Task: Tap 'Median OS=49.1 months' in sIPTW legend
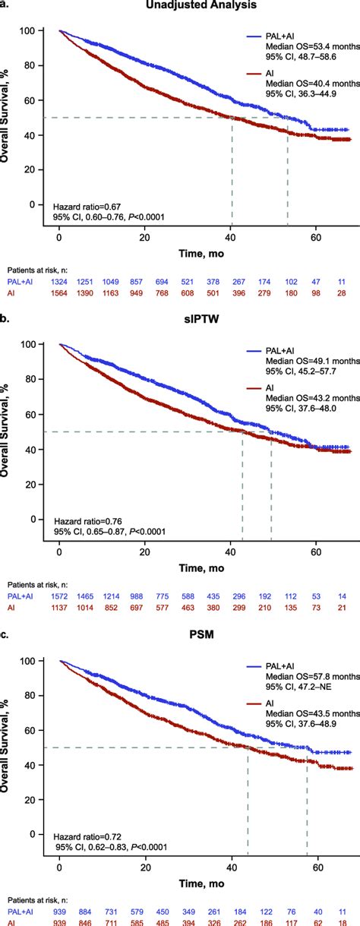click(x=303, y=362)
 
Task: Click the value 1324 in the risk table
click(x=59, y=282)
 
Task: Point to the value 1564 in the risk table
click(x=59, y=294)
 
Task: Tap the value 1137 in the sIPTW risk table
click(x=59, y=607)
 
